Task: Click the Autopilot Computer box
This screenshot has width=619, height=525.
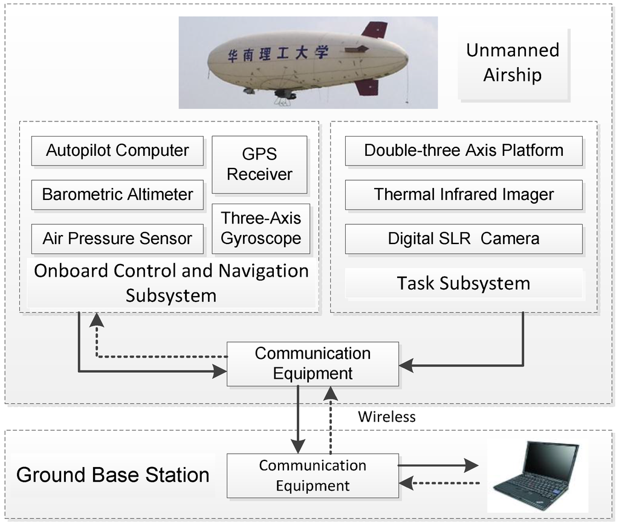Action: click(117, 150)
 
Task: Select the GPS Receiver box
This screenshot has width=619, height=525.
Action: click(259, 164)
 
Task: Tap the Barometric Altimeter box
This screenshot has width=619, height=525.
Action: click(117, 195)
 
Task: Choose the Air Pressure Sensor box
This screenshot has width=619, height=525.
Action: click(117, 239)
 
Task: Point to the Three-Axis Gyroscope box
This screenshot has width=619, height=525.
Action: click(261, 228)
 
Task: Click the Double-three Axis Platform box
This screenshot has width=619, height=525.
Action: click(464, 150)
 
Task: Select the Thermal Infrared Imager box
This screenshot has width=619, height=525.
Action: click(464, 195)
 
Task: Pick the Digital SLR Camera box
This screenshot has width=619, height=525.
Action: click(464, 239)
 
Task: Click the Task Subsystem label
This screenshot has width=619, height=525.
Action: click(464, 283)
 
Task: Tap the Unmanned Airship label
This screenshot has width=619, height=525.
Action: click(512, 62)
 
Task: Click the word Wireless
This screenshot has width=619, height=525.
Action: click(387, 416)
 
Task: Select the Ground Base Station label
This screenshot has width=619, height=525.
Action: click(113, 475)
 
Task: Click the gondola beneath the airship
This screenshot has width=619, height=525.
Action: click(285, 94)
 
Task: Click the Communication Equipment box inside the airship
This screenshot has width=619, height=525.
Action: click(313, 364)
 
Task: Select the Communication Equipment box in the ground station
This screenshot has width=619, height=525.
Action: click(313, 475)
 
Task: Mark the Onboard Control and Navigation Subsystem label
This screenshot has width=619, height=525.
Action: click(171, 283)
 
